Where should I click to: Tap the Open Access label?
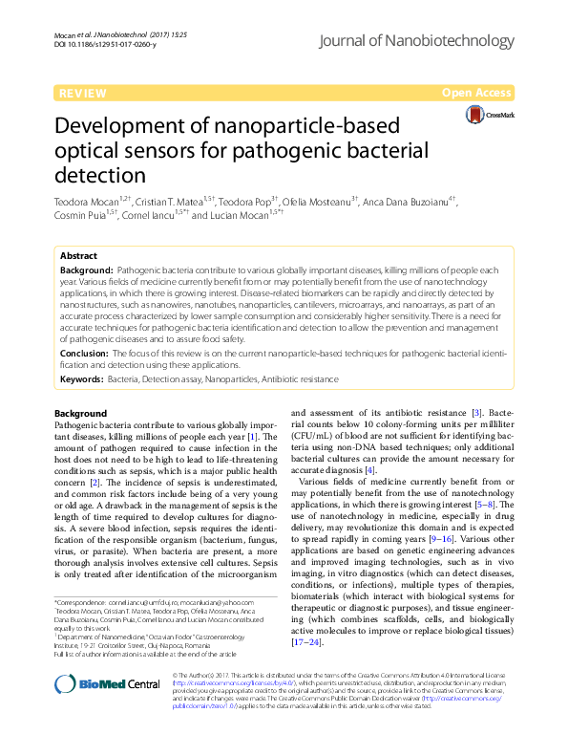click(x=476, y=93)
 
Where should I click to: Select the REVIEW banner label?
click(x=82, y=93)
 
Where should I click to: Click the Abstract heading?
click(x=79, y=256)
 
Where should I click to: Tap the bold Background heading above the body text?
click(x=81, y=413)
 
